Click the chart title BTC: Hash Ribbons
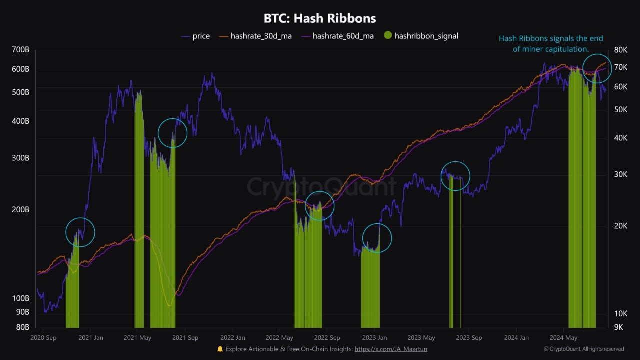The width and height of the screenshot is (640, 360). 320,19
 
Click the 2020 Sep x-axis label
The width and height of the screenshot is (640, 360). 43,337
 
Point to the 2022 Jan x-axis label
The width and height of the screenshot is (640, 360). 233,337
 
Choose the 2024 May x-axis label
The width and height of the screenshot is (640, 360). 563,337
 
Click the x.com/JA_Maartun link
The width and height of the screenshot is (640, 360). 391,349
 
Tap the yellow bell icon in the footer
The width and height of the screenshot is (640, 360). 220,349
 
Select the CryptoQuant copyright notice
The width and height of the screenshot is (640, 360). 584,349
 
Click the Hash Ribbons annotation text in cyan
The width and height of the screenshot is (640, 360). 551,43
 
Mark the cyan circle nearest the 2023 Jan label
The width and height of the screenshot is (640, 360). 377,238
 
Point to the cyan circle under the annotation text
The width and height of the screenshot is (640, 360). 597,68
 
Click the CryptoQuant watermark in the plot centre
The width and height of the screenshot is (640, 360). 321,187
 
